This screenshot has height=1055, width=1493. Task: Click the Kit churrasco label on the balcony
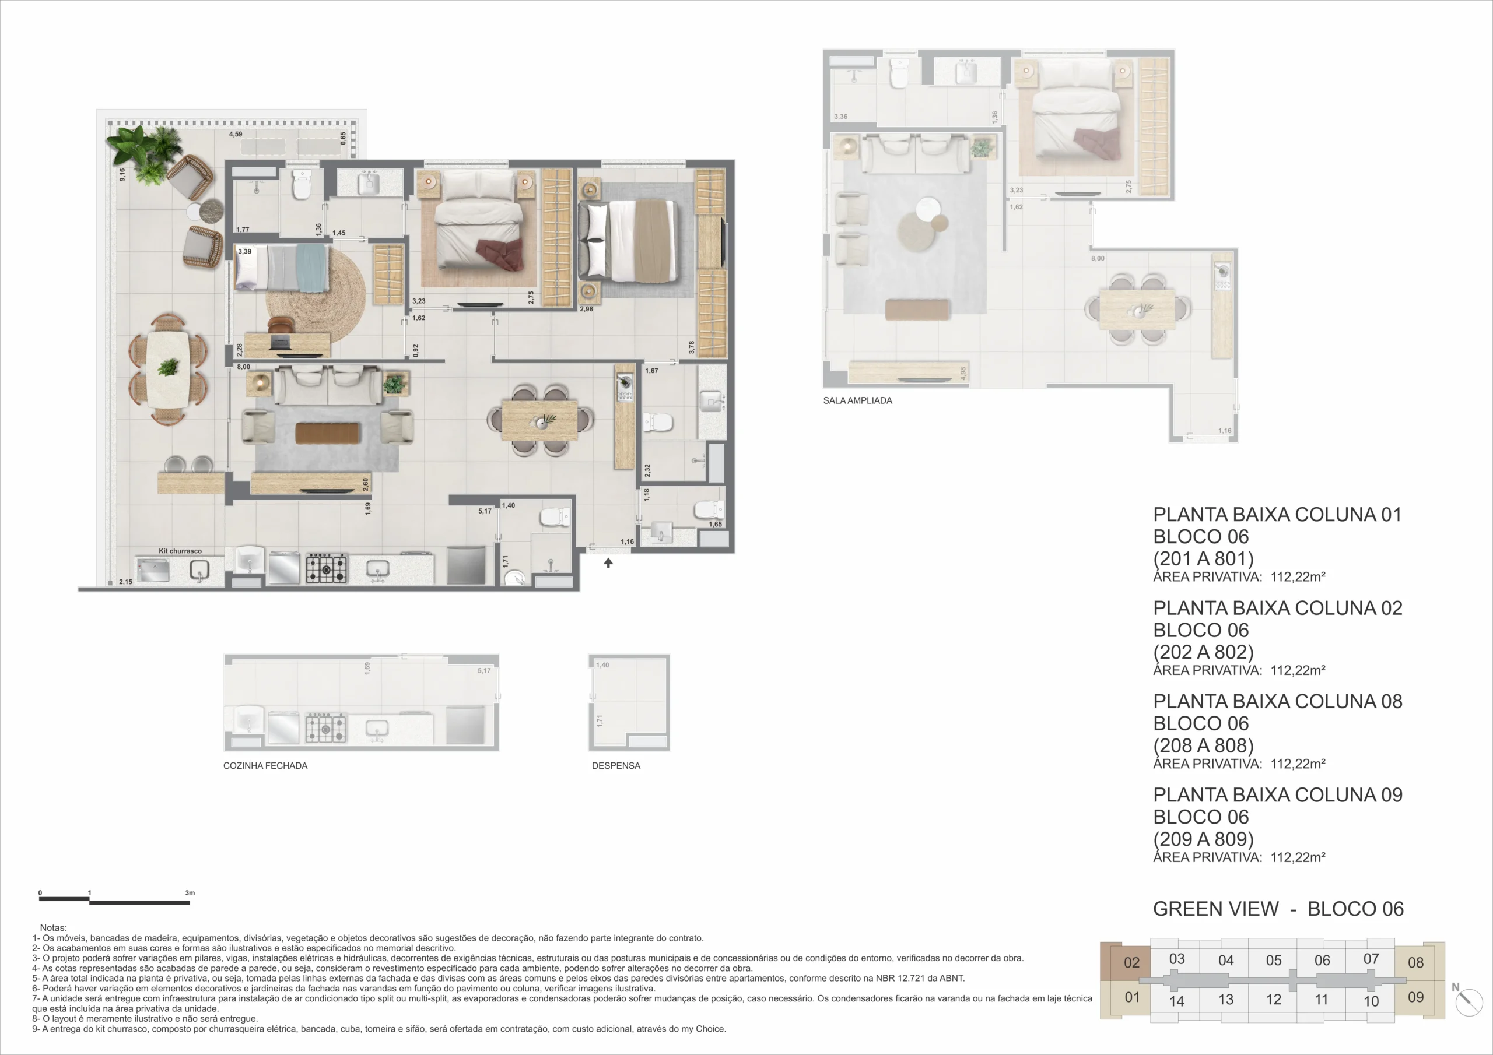pyautogui.click(x=180, y=551)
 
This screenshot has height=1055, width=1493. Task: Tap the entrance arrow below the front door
pyautogui.click(x=608, y=563)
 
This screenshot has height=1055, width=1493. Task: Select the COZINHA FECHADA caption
pyautogui.click(x=265, y=766)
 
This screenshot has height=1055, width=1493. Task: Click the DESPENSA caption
pyautogui.click(x=616, y=766)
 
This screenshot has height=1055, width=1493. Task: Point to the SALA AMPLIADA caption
pyautogui.click(x=858, y=400)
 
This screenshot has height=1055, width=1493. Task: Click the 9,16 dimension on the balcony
pyautogui.click(x=122, y=174)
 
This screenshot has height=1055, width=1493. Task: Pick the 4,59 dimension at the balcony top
pyautogui.click(x=236, y=135)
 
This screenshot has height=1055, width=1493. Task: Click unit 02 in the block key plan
pyautogui.click(x=1131, y=963)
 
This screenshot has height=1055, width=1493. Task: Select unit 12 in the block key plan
pyautogui.click(x=1273, y=1000)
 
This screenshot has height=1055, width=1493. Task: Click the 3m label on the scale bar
pyautogui.click(x=190, y=892)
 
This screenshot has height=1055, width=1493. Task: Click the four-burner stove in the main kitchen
pyautogui.click(x=327, y=569)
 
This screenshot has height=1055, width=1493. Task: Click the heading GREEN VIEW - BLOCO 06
pyautogui.click(x=1278, y=909)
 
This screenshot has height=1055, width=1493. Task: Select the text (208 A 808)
pyautogui.click(x=1203, y=745)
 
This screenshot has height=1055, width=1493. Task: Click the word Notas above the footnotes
pyautogui.click(x=53, y=927)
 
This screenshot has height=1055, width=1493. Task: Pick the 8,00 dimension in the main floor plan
pyautogui.click(x=243, y=367)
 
